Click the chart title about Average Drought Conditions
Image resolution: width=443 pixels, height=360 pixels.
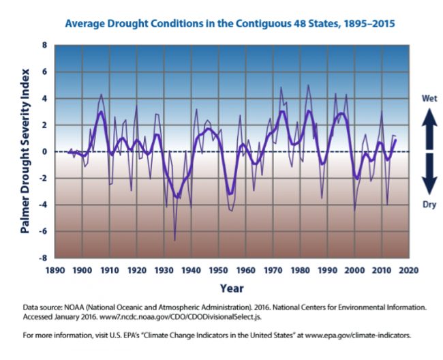[230, 24]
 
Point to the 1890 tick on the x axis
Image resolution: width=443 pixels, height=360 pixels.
[55, 269]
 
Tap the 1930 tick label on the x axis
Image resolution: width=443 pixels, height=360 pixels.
[164, 269]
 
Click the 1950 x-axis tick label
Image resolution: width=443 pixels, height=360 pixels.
[218, 269]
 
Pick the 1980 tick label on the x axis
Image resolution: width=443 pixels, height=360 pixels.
[300, 269]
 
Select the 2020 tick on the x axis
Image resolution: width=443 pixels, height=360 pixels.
[408, 269]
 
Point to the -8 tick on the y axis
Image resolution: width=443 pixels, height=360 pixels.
[42, 258]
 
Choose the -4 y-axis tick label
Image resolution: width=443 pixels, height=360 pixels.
[42, 205]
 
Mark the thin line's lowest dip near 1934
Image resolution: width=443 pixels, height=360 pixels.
[174, 240]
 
